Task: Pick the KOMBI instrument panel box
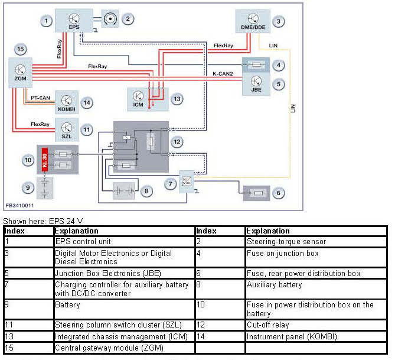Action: [66, 102]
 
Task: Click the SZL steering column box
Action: [67, 128]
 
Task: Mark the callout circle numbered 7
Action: [169, 185]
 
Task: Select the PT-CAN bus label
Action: [40, 98]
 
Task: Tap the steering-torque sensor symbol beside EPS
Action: [109, 19]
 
